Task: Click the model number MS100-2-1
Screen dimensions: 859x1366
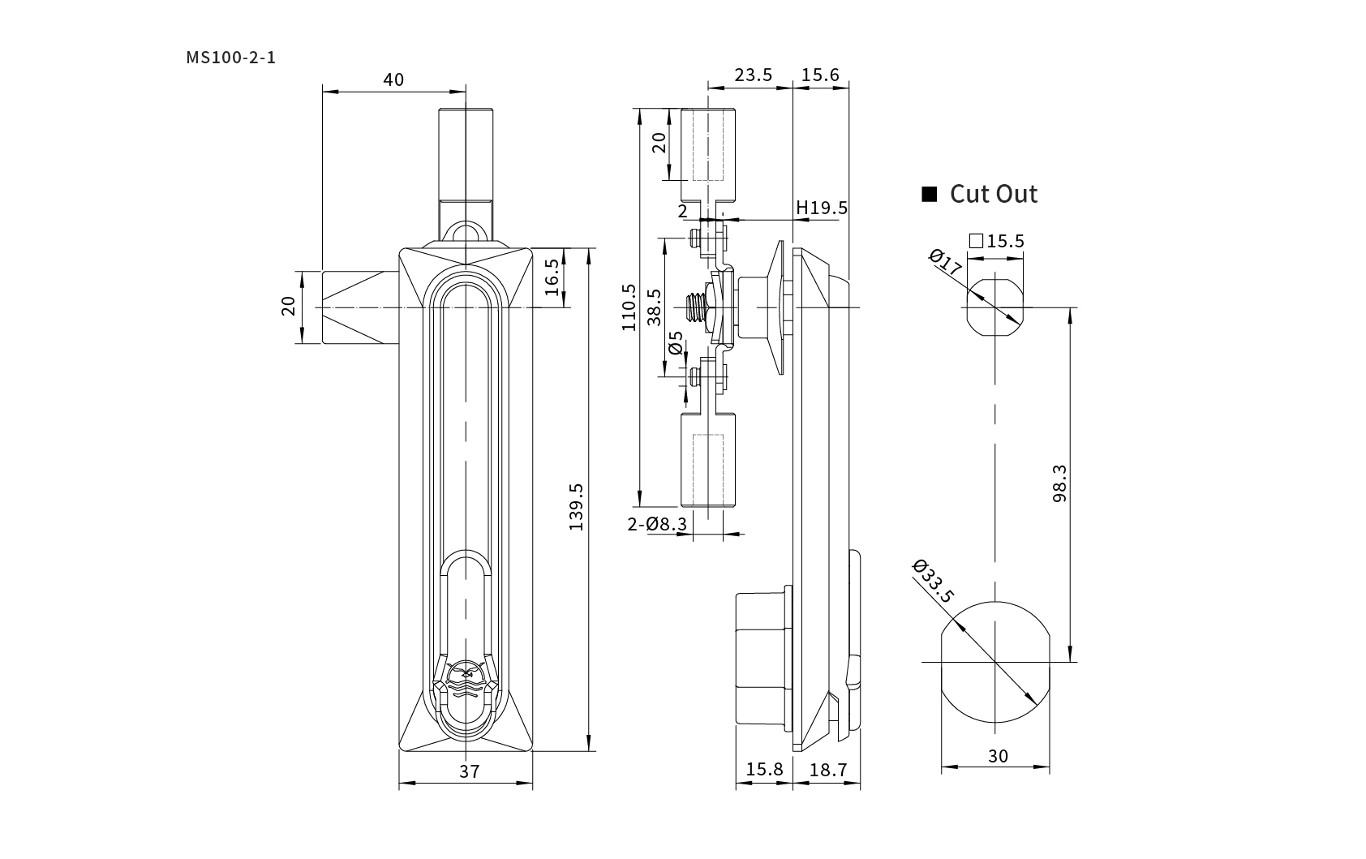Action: click(x=230, y=58)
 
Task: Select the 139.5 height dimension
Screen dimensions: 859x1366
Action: click(x=577, y=507)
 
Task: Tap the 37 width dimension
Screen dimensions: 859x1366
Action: click(x=470, y=771)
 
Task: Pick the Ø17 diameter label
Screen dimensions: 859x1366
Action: click(x=945, y=263)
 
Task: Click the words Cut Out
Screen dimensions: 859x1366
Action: click(x=993, y=194)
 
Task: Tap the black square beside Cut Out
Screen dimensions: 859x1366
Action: click(x=930, y=194)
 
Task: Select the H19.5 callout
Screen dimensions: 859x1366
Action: click(x=821, y=208)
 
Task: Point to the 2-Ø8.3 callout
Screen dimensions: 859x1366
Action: click(x=657, y=524)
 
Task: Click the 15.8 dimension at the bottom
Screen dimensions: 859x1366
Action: click(x=763, y=769)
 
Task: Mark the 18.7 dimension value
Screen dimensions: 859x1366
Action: click(x=827, y=769)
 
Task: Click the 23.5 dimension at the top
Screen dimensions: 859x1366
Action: click(x=753, y=75)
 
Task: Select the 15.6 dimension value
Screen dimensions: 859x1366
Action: click(x=820, y=75)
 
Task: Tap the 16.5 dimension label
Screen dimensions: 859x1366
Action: click(x=552, y=277)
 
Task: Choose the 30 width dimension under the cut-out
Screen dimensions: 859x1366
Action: click(x=998, y=755)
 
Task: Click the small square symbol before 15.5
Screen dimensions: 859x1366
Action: click(x=976, y=241)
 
